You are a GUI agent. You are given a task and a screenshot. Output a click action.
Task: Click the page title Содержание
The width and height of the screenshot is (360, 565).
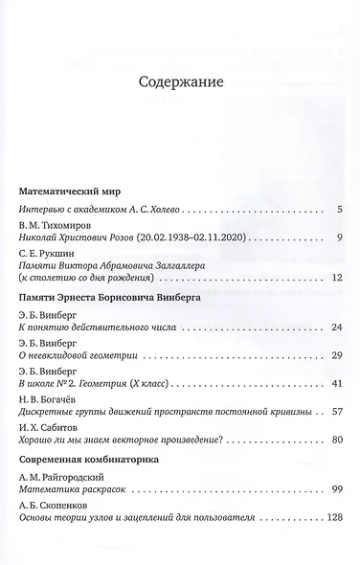pyautogui.click(x=180, y=83)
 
